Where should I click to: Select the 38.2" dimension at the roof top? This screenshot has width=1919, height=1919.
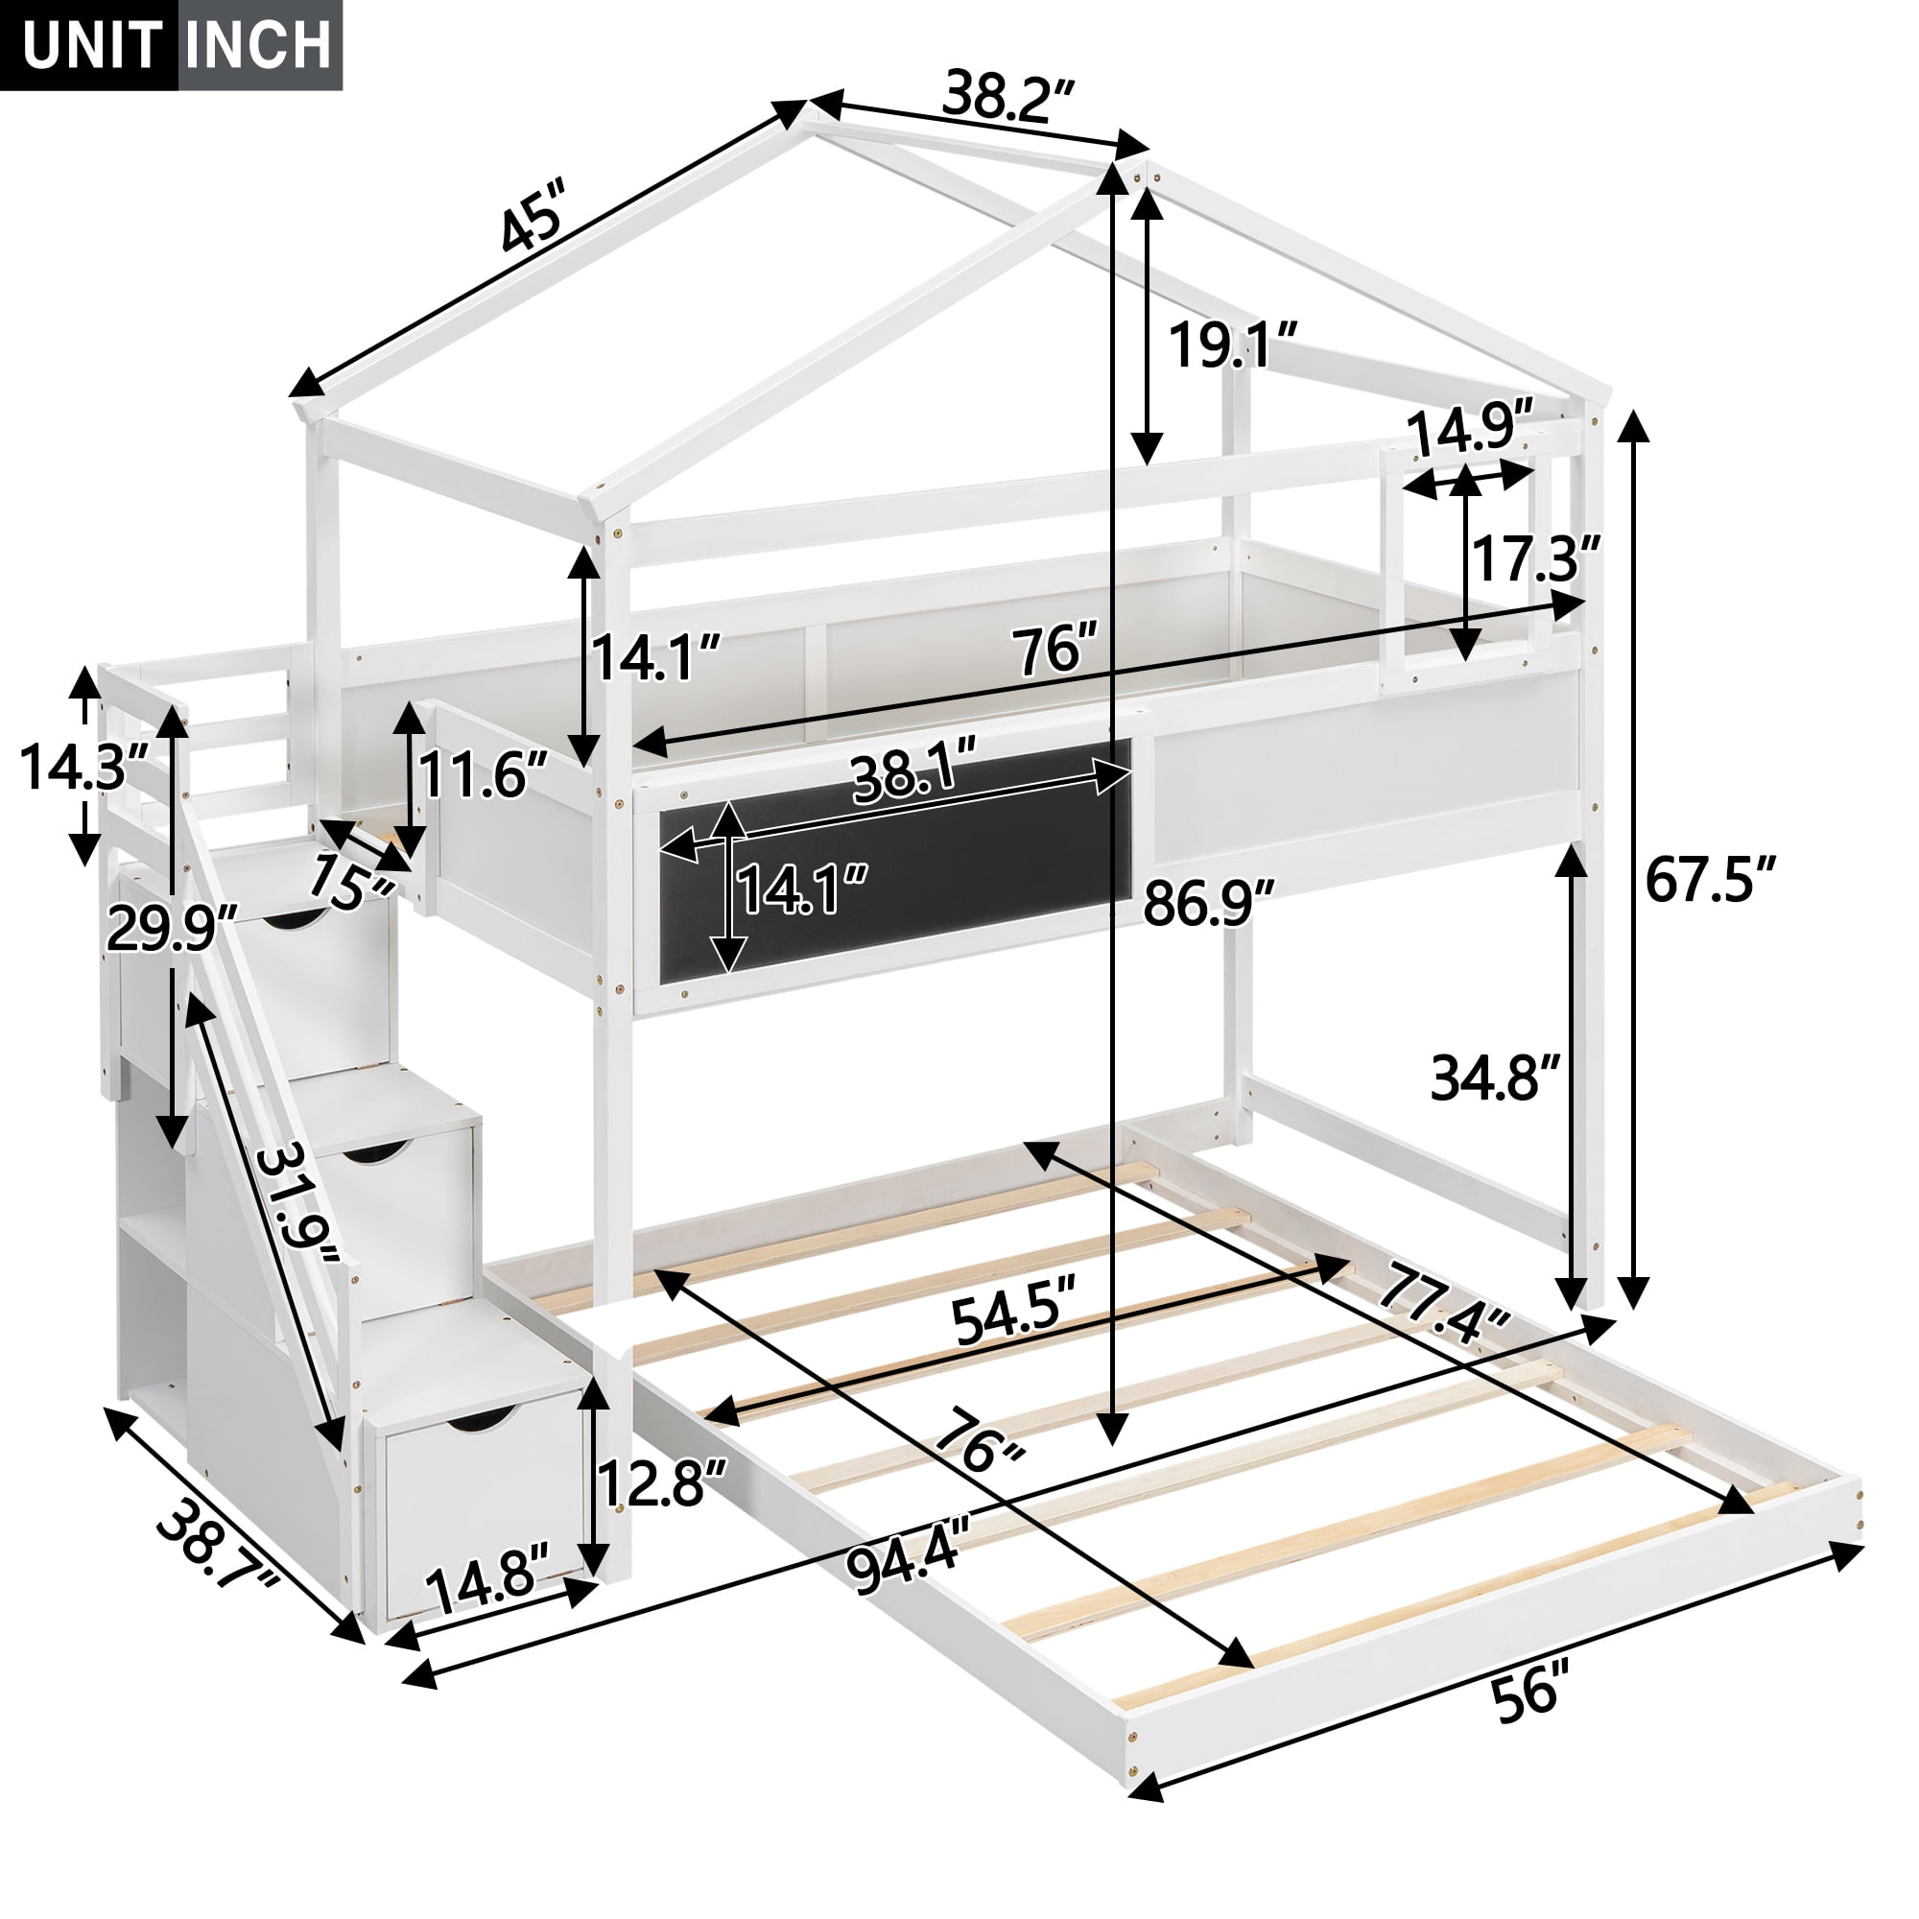tap(1008, 97)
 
